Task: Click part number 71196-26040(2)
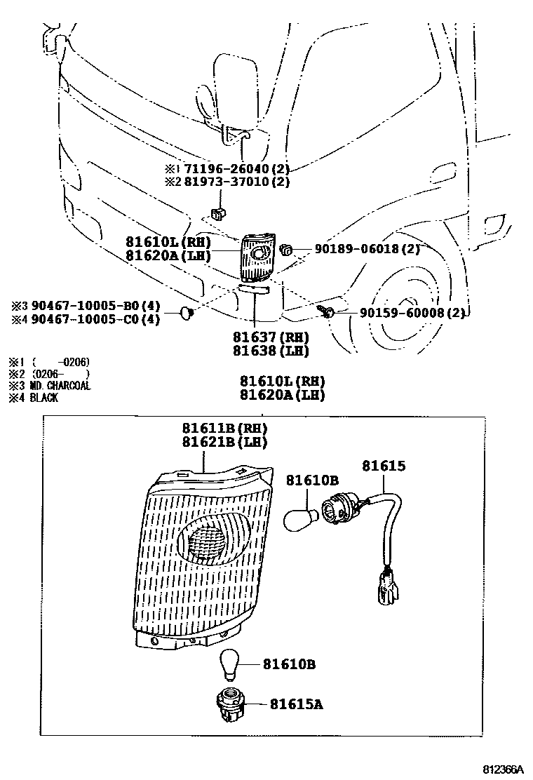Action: click(236, 169)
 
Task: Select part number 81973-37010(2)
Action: click(236, 182)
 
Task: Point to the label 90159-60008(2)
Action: click(405, 313)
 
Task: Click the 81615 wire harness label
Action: click(384, 466)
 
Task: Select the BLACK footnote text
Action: click(44, 398)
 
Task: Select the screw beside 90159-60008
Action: click(328, 312)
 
